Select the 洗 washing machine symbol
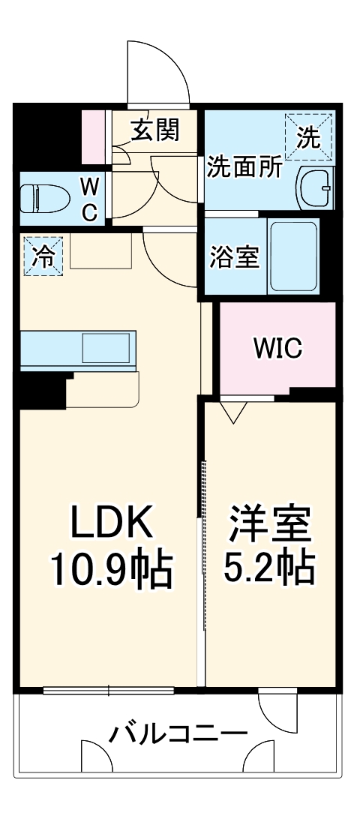click(x=308, y=136)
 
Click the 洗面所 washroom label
click(x=244, y=166)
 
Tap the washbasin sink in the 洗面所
click(x=315, y=187)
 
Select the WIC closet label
click(x=277, y=347)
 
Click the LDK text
click(x=112, y=522)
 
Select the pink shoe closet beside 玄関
click(x=94, y=137)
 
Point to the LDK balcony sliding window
click(x=109, y=690)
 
